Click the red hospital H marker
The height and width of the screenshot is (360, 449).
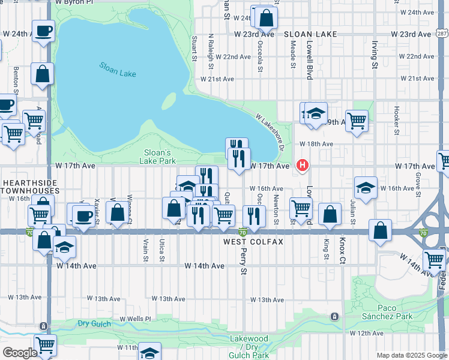point(303,164)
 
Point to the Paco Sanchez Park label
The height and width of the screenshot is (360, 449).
point(387,312)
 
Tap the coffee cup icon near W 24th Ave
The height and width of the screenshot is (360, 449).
point(43,31)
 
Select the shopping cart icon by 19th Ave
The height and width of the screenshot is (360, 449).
point(357,121)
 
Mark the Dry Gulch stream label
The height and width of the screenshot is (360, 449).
point(95,324)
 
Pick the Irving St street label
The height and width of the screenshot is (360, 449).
point(374,54)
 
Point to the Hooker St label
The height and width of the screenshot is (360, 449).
point(397,120)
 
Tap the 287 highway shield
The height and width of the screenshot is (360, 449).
point(442,34)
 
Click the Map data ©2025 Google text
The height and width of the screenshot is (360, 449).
point(411,355)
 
